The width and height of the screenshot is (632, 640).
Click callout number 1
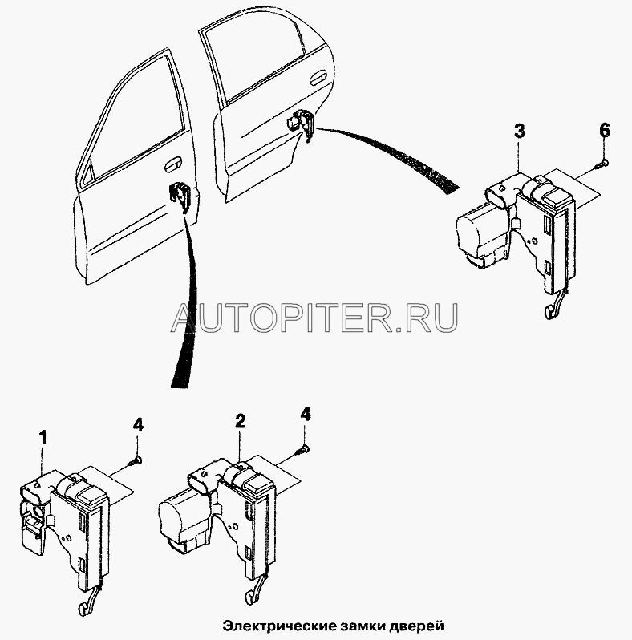click(43, 438)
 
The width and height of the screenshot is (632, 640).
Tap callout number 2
click(240, 421)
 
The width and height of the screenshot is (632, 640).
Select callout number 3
click(519, 132)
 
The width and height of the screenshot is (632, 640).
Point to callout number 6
click(604, 131)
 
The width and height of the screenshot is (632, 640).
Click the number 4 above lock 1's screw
click(138, 426)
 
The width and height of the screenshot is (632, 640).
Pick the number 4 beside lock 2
click(305, 415)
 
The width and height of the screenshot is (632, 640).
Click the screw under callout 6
click(602, 164)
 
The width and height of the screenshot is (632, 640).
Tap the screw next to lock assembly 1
click(135, 461)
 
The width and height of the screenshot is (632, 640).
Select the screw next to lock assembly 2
click(302, 450)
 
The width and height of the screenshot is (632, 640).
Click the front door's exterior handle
click(172, 164)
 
